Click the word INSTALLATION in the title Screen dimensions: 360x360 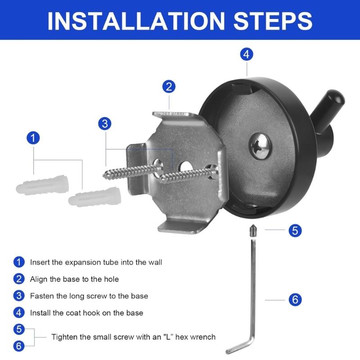click(x=136, y=21)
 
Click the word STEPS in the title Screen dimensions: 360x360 click(x=273, y=21)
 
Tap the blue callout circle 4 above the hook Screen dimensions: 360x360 click(x=247, y=54)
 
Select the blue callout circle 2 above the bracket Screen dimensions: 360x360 click(x=169, y=86)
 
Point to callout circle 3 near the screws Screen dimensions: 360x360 click(x=105, y=123)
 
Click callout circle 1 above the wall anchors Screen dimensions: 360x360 click(x=33, y=138)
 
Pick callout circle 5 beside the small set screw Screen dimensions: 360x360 click(x=295, y=230)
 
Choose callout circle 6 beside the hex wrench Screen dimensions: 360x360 click(x=295, y=299)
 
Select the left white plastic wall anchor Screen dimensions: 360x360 click(x=42, y=185)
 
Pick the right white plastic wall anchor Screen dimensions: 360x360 click(x=94, y=197)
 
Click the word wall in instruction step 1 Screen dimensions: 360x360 click(x=155, y=262)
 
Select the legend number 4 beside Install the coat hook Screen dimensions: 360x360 click(x=19, y=313)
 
